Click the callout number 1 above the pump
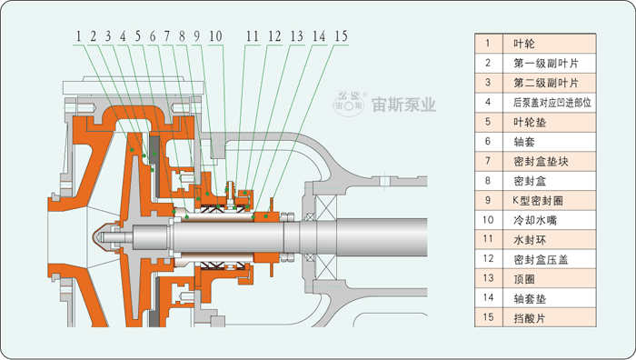click(79, 36)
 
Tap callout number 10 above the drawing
click(214, 36)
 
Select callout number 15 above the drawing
click(341, 36)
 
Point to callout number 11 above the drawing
click(253, 36)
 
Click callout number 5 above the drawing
click(138, 36)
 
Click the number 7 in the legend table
click(488, 161)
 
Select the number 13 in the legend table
click(488, 279)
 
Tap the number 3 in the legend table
click(488, 83)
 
